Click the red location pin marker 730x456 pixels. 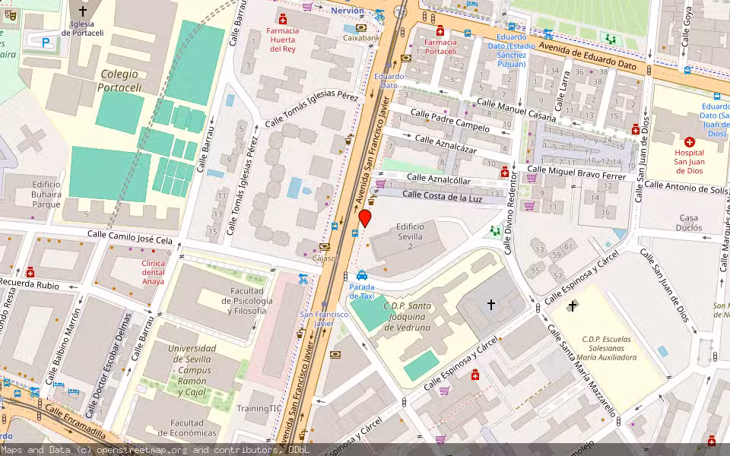[365, 219]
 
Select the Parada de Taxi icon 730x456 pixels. [362, 275]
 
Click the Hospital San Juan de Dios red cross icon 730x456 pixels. [690, 142]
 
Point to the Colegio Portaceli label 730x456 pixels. [119, 81]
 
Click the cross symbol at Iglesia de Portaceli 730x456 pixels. [82, 11]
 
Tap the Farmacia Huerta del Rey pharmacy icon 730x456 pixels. [284, 19]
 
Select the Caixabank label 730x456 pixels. [361, 37]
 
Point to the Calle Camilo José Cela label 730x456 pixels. [130, 238]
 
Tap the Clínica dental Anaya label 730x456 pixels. [153, 272]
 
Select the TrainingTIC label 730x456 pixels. [259, 408]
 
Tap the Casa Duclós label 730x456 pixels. [688, 223]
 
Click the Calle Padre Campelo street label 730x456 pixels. [450, 119]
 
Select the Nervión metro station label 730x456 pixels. [348, 11]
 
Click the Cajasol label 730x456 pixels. [325, 258]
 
